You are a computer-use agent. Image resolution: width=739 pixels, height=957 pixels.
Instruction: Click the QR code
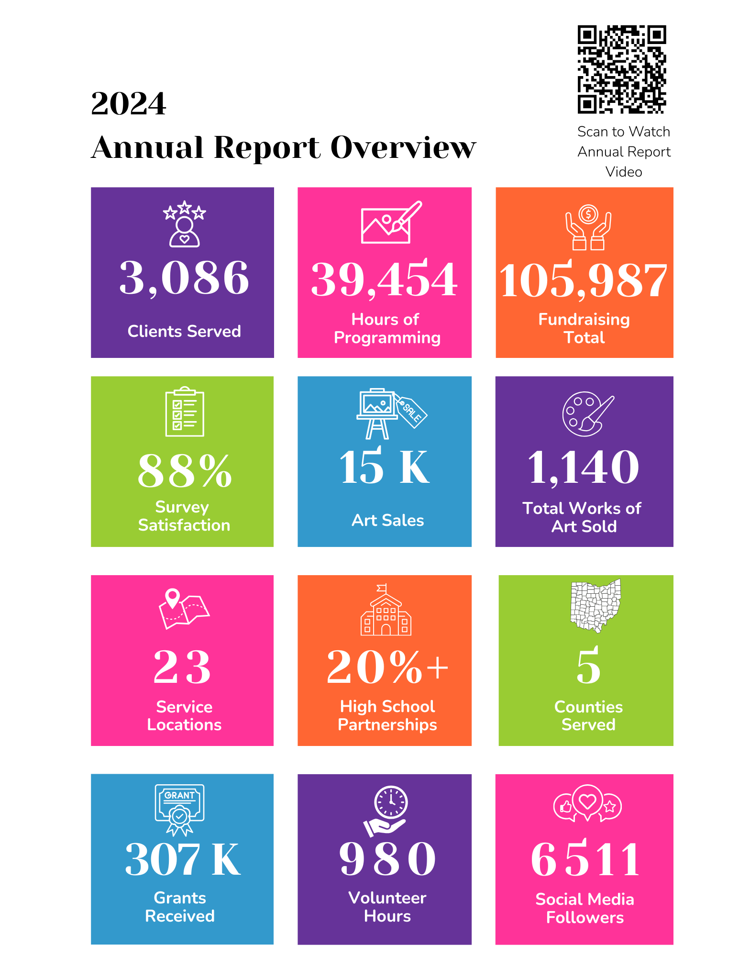[x=622, y=69]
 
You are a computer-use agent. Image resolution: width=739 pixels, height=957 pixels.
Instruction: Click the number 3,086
[x=184, y=278]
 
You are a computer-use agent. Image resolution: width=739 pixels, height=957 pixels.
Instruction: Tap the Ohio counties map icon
[x=596, y=606]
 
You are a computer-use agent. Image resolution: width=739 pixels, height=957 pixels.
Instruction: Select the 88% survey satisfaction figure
[x=185, y=471]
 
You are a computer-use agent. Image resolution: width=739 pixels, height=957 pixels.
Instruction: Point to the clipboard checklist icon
[x=185, y=412]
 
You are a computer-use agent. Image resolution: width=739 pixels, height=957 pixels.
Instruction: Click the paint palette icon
[x=588, y=414]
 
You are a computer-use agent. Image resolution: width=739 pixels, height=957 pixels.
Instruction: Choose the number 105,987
[x=584, y=280]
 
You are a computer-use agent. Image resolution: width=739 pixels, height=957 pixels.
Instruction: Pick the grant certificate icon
[x=179, y=809]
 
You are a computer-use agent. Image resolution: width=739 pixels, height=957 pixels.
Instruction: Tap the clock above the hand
[x=391, y=802]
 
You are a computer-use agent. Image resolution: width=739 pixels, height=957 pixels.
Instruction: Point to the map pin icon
[x=172, y=599]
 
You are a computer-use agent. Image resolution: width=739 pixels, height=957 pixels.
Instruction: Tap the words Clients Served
[x=184, y=331]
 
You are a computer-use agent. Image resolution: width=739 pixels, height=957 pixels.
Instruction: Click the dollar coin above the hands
[x=588, y=214]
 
